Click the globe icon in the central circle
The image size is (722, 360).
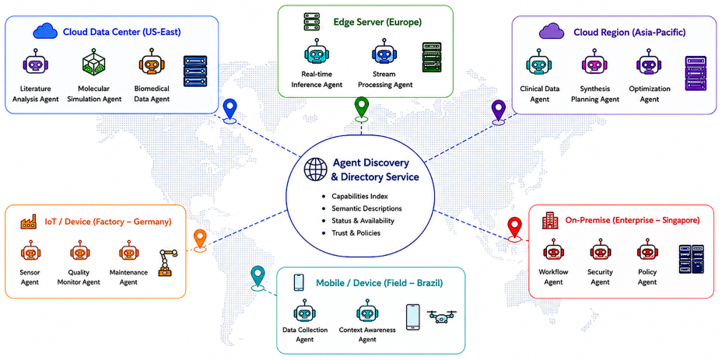click(315, 170)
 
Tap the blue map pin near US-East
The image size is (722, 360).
click(230, 109)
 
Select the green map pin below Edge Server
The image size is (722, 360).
click(362, 107)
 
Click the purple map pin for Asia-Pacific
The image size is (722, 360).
click(499, 110)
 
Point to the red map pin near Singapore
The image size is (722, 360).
click(514, 228)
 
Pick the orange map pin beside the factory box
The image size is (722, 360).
click(199, 239)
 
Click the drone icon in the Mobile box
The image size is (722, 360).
click(442, 316)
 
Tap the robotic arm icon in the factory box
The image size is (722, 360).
click(167, 262)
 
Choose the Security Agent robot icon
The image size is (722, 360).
click(600, 251)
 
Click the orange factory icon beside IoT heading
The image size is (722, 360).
click(29, 222)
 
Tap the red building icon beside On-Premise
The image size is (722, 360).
click(549, 220)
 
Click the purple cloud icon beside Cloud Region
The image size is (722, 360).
click(552, 32)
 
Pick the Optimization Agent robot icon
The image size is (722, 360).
click(647, 65)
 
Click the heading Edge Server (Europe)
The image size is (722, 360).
click(377, 22)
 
